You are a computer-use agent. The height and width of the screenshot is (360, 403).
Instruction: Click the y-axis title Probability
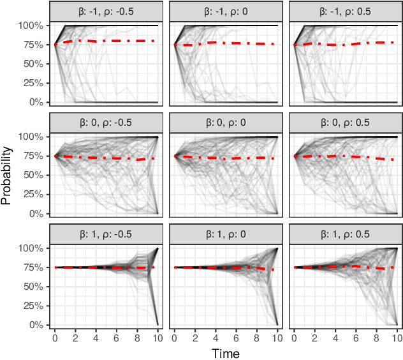7,175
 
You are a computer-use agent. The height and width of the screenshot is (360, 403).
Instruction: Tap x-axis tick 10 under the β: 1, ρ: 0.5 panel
397,337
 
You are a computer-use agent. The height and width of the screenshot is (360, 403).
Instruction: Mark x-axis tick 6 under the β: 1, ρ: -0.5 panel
116,337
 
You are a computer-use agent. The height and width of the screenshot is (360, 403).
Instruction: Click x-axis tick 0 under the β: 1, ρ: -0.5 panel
55,337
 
